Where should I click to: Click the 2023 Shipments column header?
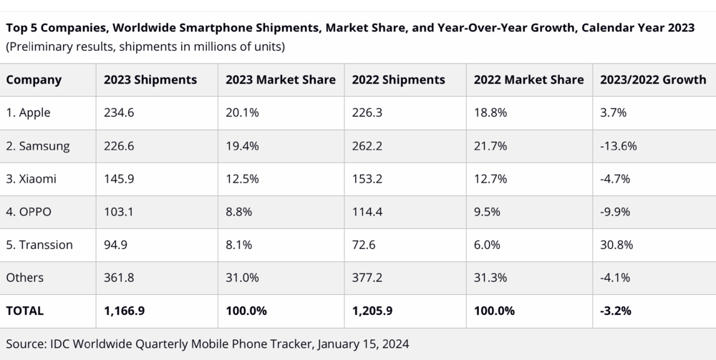150,79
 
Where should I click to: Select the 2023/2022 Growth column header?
653,79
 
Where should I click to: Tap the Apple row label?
29,113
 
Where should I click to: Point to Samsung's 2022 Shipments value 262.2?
367,146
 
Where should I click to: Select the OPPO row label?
29,212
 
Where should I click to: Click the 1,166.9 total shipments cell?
123,311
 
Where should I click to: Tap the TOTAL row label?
25,311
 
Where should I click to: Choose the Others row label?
25,278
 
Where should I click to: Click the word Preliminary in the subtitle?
42,47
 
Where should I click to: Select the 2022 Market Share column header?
528,79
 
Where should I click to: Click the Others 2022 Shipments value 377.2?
367,278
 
